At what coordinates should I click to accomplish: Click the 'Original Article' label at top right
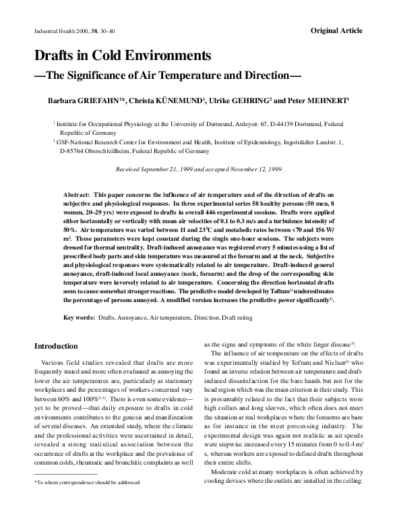point(336,30)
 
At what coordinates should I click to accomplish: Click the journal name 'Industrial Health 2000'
point(60,31)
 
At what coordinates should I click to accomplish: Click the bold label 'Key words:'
point(79,317)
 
